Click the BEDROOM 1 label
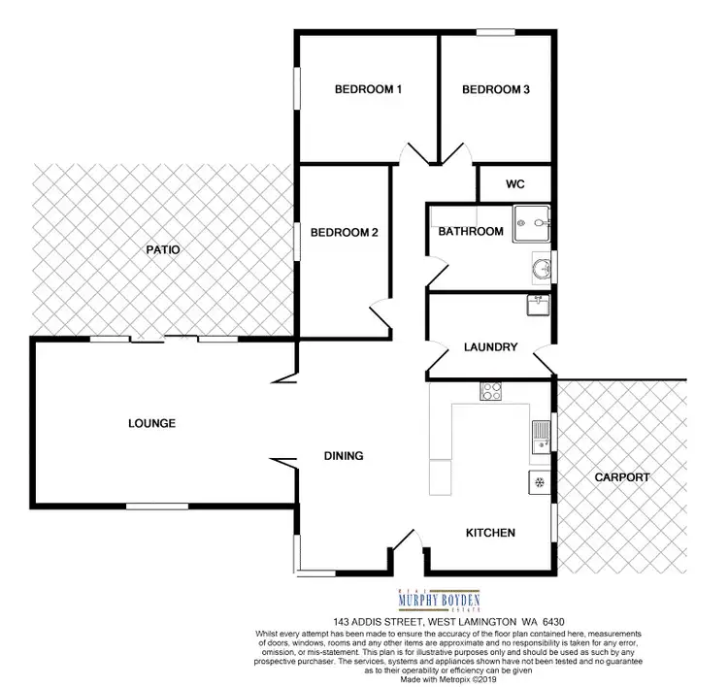[x=368, y=90]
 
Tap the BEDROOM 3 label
[x=495, y=90]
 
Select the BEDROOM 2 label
[x=344, y=233]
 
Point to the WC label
[x=514, y=182]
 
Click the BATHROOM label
[x=471, y=232]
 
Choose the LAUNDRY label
[x=490, y=347]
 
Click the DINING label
[x=343, y=455]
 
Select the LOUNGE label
[x=151, y=423]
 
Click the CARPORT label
[x=622, y=477]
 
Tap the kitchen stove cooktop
[x=490, y=392]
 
